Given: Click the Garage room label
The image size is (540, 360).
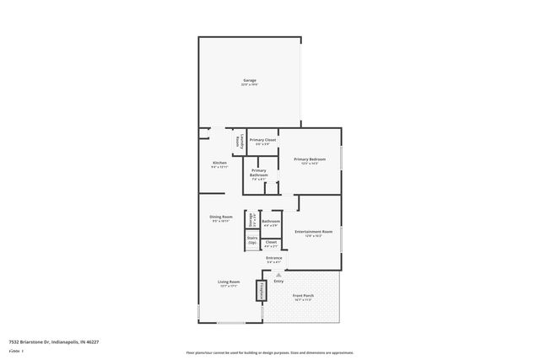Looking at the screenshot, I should [249, 80].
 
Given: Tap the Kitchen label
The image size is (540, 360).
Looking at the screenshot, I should [219, 162].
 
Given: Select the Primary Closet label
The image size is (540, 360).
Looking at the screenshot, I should [262, 140].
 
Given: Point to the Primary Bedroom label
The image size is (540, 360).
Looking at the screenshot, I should [310, 159].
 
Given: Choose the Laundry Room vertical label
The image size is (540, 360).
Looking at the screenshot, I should [240, 142].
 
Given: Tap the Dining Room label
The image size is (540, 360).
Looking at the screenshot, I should [221, 217].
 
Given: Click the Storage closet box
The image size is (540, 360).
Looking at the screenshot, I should [251, 220].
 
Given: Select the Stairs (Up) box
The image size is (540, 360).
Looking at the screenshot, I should [251, 240].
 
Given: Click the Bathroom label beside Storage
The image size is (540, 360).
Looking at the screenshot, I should [272, 222].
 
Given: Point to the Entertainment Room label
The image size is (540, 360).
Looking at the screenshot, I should [313, 231].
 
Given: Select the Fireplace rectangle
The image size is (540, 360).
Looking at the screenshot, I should [262, 292].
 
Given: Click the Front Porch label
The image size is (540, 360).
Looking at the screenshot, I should [304, 296].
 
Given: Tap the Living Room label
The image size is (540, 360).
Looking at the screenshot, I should [229, 282].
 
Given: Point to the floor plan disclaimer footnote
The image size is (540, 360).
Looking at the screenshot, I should [269, 353].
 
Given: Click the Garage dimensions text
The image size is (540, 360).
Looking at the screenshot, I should [249, 84].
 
